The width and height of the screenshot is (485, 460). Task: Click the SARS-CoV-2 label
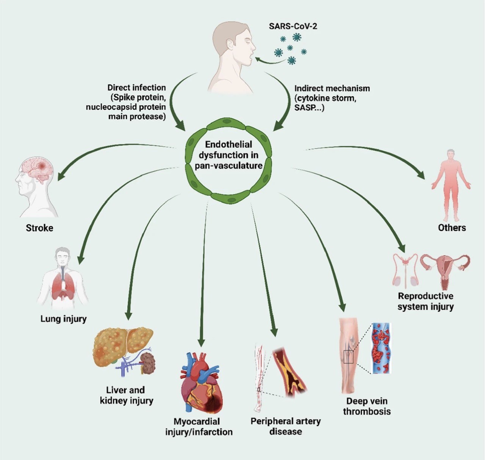coord(293,26)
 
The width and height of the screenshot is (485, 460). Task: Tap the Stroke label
coord(39,228)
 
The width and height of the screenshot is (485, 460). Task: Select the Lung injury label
coord(64,319)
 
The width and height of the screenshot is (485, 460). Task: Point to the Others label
coord(452,228)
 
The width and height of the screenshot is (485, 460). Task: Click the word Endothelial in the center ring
coord(229,144)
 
